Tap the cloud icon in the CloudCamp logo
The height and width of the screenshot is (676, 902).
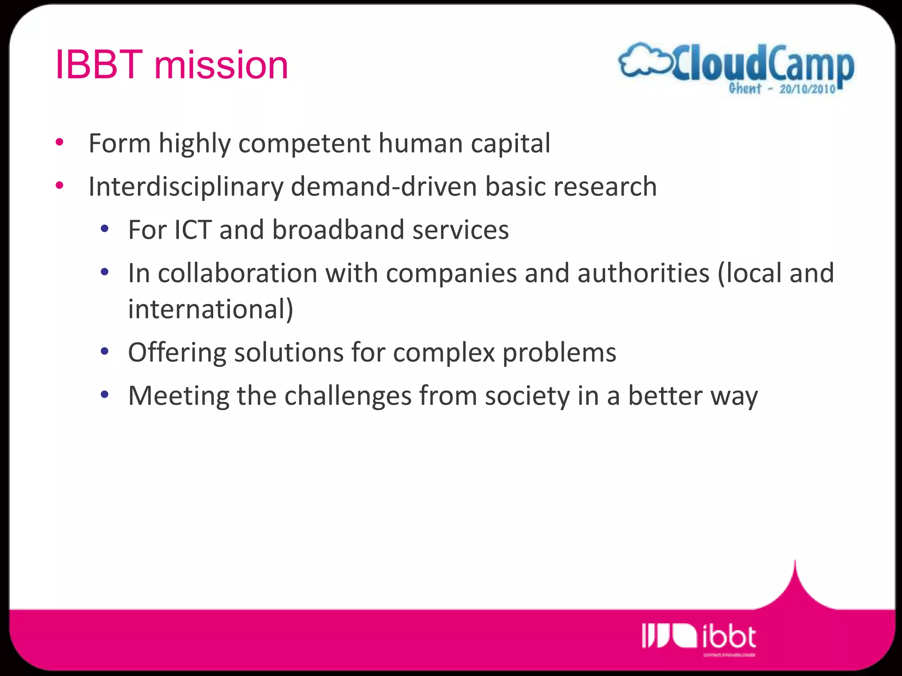pos(643,62)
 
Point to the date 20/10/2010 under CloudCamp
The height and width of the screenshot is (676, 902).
pos(807,89)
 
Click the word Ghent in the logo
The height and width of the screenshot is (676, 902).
pos(745,88)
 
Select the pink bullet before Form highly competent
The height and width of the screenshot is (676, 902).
pos(60,143)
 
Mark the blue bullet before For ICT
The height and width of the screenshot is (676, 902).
pos(104,229)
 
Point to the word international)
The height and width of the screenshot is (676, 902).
pos(211,309)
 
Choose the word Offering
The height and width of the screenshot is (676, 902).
pos(177,353)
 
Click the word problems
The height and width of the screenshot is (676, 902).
pos(559,353)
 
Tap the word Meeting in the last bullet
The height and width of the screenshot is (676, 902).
pos(179,396)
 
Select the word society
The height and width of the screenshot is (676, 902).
pos(527,396)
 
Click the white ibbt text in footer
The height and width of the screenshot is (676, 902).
pos(729,637)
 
